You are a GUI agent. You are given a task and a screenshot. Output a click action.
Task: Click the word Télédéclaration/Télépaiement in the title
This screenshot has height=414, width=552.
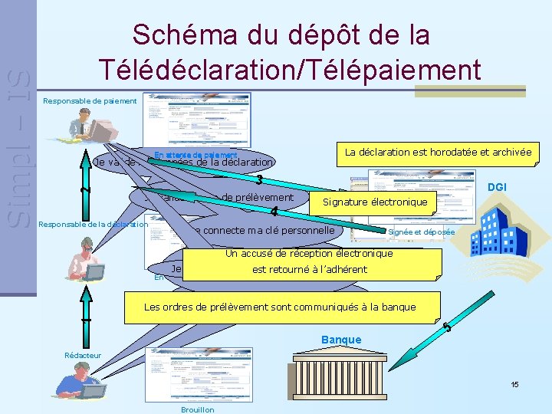tap(290, 69)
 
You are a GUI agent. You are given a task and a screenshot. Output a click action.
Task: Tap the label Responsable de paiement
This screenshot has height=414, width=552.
tap(90, 100)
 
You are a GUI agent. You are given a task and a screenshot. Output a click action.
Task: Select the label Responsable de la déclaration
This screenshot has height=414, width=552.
tap(93, 225)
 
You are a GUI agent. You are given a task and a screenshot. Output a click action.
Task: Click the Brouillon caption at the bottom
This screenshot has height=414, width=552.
tap(197, 409)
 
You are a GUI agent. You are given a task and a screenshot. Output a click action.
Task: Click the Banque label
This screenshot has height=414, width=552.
tap(341, 340)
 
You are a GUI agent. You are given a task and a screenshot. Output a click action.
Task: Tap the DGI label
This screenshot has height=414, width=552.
tap(498, 187)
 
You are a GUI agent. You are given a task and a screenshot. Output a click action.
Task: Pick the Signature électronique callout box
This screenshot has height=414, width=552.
tap(374, 202)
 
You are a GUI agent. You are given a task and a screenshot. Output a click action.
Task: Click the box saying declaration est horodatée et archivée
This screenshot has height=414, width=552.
tap(438, 153)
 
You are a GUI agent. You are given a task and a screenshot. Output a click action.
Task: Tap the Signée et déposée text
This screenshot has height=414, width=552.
tap(421, 232)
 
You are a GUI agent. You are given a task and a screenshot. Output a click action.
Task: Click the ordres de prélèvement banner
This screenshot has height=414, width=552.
tap(280, 307)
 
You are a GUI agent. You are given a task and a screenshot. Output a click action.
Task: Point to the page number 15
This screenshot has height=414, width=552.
tap(514, 384)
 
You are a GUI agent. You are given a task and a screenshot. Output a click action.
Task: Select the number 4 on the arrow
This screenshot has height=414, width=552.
tap(274, 212)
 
